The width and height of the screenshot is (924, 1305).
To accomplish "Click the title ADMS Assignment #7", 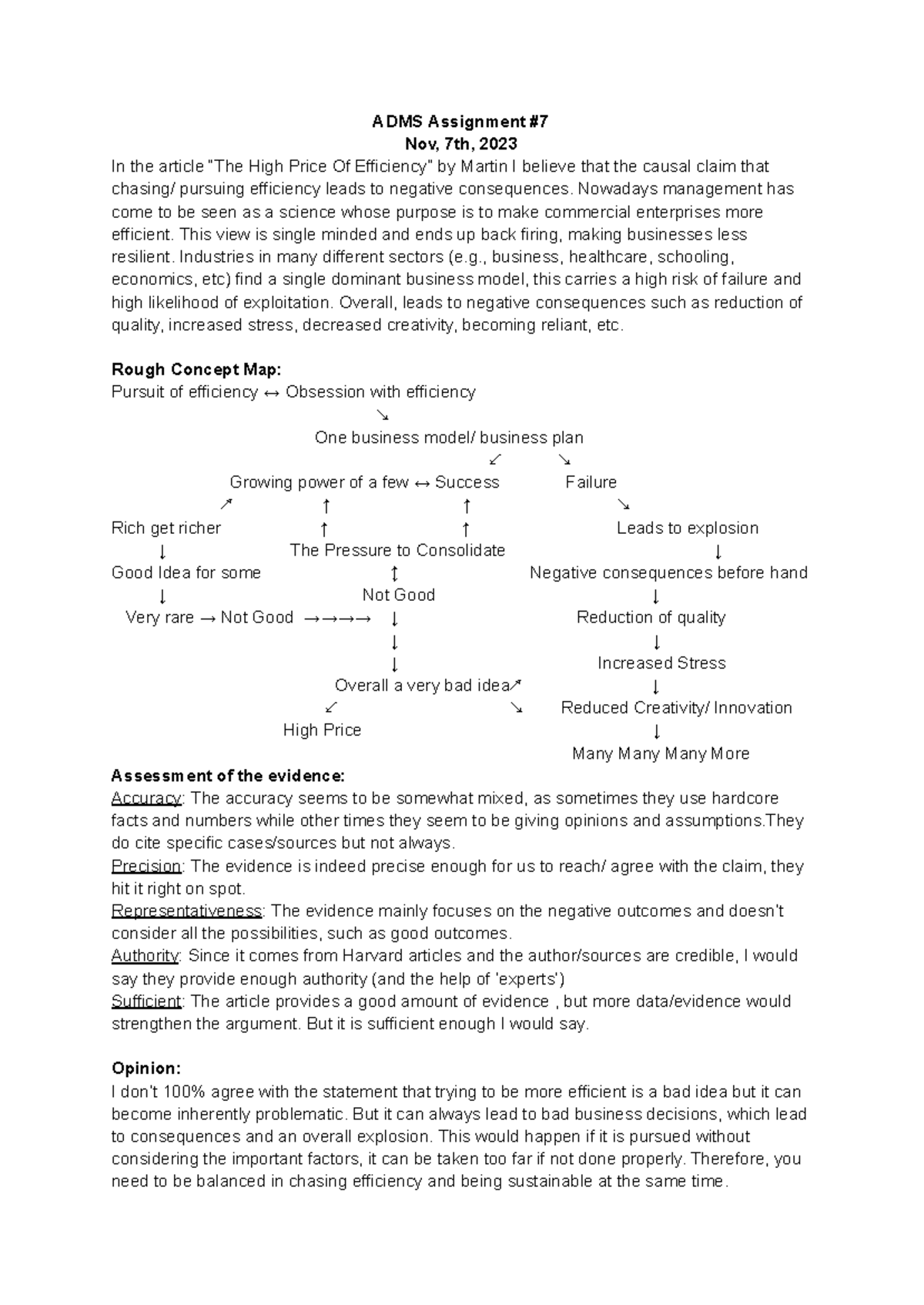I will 460,122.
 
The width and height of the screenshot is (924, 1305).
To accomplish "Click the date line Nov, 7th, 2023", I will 461,144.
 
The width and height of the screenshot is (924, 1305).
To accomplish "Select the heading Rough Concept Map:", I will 196,370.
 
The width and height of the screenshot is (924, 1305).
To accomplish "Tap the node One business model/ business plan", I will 449,438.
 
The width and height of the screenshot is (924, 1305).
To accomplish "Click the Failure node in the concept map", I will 591,482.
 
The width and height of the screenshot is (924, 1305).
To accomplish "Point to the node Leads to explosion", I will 687,528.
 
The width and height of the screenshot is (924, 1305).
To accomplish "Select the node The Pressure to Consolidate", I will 397,550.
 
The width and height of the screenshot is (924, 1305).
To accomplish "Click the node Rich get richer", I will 166,528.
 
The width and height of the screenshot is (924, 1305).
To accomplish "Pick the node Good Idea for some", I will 186,572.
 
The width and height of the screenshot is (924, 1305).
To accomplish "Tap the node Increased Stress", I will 661,663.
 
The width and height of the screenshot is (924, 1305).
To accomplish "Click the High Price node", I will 322,730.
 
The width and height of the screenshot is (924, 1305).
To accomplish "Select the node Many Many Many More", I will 661,753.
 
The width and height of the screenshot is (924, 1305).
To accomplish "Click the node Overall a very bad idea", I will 423,686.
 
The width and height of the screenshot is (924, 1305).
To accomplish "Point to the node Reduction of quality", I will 651,617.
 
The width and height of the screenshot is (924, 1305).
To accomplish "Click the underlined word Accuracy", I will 146,798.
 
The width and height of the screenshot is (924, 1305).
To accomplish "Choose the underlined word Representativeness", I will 187,911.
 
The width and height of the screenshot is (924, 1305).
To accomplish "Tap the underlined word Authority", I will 145,956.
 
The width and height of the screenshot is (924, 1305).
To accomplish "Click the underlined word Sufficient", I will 146,1001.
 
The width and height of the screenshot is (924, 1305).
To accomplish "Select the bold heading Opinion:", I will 146,1068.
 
